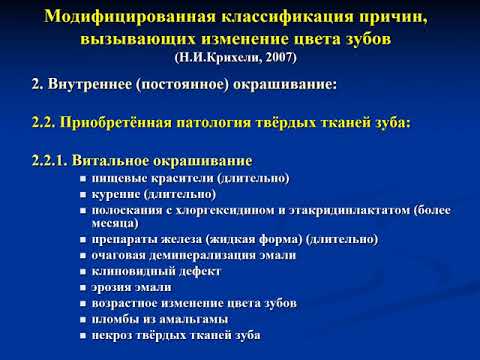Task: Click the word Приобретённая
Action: (119, 123)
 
